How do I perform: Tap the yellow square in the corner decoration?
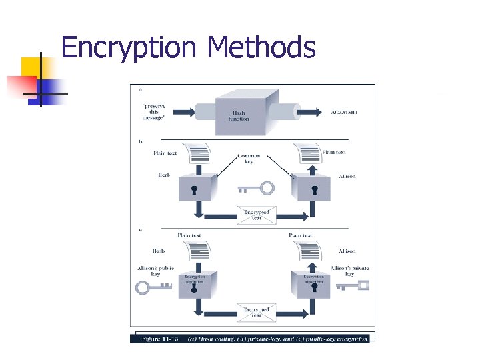pos(31,67)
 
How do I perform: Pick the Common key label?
pos(249,159)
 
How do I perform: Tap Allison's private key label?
pos(349,271)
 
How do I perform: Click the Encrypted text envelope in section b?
pos(256,215)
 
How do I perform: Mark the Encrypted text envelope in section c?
pos(256,312)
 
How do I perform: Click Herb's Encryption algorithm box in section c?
pos(195,283)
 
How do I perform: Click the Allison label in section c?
pos(347,251)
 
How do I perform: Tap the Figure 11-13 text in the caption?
pos(160,339)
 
